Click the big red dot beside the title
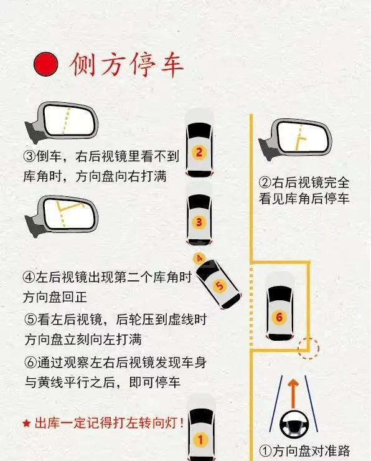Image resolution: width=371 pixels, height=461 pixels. pos(45,64)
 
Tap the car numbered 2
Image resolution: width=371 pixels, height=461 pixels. pos(199,144)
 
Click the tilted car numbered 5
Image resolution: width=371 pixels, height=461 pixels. pos(218,284)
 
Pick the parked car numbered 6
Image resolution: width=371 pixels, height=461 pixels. pos(279,307)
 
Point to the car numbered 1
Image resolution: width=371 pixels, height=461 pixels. pos(201,429)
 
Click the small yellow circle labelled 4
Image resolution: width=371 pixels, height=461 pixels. pos(199,259)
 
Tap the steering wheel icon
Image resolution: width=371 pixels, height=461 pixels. pos(294,424)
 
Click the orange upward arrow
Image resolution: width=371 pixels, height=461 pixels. pos(293,393)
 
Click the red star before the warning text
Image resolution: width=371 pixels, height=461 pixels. pos(26,424)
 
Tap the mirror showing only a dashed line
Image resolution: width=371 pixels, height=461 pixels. pos(62,121)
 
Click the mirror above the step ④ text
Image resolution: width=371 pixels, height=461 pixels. pos(62,215)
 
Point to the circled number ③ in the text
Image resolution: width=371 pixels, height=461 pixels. pos(30,156)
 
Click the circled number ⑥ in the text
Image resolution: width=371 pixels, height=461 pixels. pos(31,363)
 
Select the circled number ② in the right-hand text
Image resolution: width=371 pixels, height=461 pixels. pos(265,183)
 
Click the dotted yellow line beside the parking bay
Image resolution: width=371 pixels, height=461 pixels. pos(251,307)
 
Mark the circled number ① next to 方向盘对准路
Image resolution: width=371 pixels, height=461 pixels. pos(266,450)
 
